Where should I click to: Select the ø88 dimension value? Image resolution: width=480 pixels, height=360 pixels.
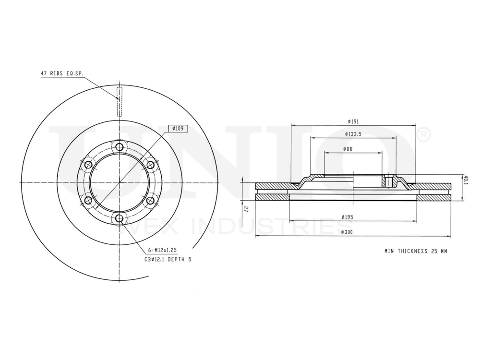[348, 149]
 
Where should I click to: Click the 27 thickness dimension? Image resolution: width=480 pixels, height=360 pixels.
[245, 209]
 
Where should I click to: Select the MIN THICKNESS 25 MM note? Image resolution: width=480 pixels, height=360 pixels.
[416, 251]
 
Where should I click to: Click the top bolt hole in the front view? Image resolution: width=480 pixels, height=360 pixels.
[119, 147]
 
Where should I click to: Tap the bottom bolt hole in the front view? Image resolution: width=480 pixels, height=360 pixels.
[119, 219]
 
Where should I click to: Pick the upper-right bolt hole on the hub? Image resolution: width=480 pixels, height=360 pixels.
[150, 165]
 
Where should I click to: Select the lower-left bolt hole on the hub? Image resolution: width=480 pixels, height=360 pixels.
[88, 201]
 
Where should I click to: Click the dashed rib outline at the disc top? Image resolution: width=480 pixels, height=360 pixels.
[120, 101]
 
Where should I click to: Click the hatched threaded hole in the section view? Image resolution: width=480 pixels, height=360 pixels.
[389, 182]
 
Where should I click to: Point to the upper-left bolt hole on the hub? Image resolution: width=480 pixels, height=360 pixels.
[88, 165]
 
